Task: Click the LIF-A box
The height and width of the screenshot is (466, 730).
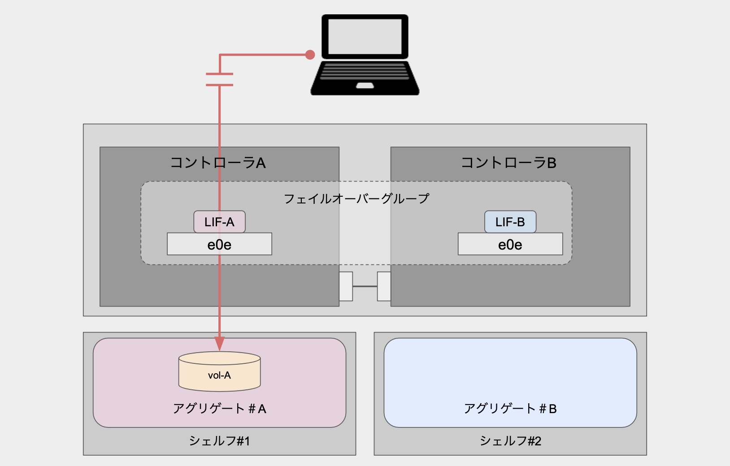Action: click(219, 222)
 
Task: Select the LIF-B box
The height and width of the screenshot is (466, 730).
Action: click(510, 222)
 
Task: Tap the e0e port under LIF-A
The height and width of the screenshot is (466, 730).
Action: click(219, 244)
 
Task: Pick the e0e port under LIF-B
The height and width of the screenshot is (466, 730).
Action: click(510, 244)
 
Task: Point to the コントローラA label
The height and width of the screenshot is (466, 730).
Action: click(218, 163)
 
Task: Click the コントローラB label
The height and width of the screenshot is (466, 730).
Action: click(508, 163)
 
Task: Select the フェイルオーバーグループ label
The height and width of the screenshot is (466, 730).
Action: click(356, 198)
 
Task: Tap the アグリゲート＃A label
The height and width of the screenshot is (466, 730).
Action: click(219, 408)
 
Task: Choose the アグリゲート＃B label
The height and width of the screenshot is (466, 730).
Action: click(510, 408)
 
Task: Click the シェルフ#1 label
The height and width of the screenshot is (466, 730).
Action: click(219, 441)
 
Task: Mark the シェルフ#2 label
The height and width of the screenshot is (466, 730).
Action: click(510, 441)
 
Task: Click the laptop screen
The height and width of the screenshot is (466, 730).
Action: click(365, 36)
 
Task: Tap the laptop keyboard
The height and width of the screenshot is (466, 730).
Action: click(365, 71)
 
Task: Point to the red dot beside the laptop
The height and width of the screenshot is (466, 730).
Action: click(310, 55)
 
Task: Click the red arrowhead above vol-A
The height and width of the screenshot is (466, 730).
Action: click(219, 343)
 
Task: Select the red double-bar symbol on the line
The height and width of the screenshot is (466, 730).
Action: click(219, 79)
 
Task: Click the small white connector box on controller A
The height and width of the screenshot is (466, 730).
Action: click(346, 286)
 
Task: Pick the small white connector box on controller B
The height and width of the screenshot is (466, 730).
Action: click(384, 286)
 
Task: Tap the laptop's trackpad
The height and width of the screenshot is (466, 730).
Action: click(365, 85)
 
